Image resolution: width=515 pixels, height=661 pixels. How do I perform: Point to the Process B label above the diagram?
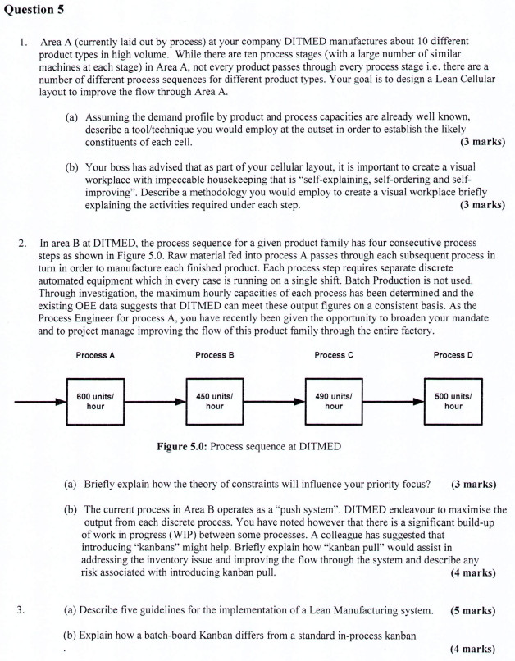click(215, 354)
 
